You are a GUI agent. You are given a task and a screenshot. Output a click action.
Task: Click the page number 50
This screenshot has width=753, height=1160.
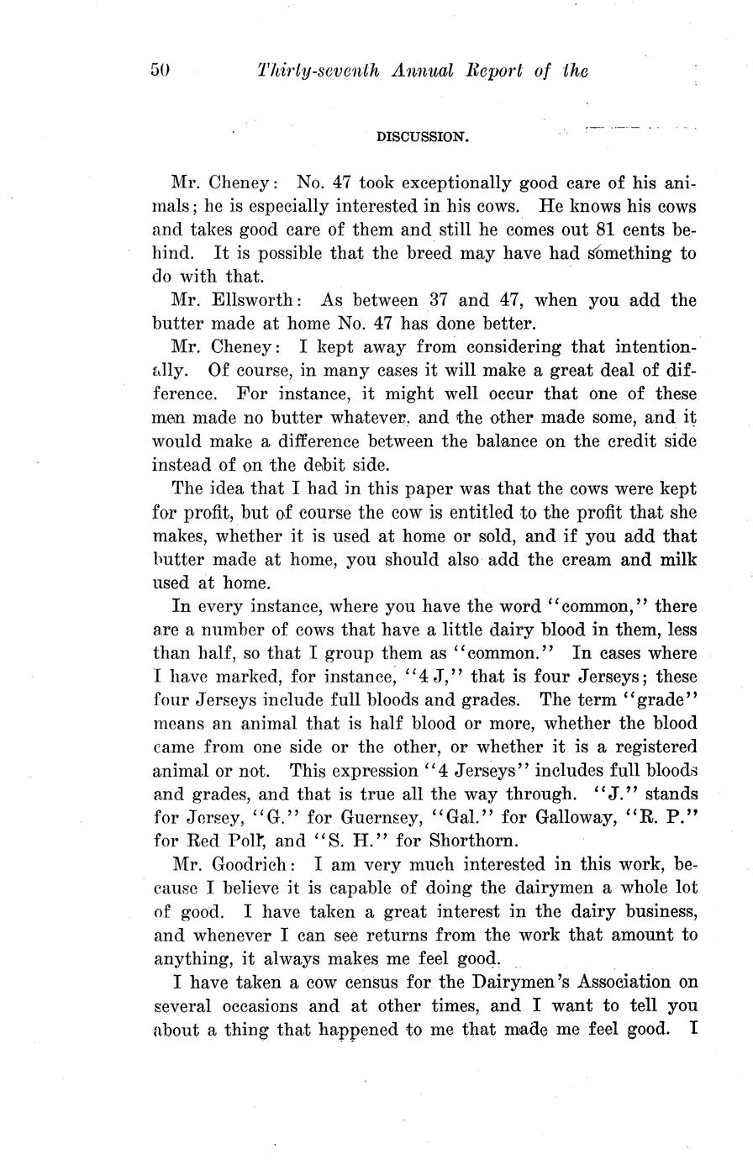coord(161,71)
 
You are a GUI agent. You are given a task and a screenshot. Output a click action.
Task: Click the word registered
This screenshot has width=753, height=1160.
coord(645,746)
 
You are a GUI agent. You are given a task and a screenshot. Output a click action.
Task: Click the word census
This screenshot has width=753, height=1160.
coord(358,982)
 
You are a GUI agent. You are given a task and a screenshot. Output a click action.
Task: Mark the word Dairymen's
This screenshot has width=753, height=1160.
coord(487,982)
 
